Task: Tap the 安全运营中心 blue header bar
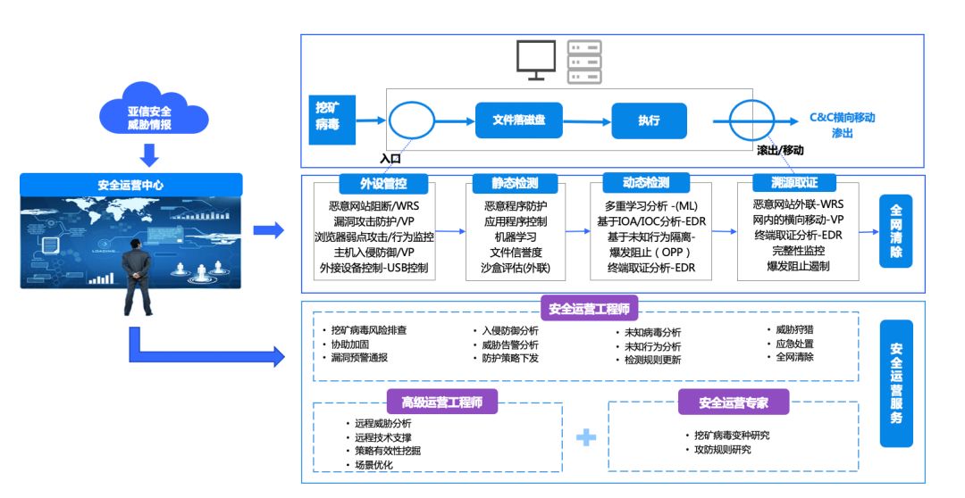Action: pos(130,185)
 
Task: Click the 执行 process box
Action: pos(649,120)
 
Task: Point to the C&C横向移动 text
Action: pos(842,117)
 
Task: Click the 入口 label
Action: pos(390,159)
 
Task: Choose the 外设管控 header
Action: pos(382,183)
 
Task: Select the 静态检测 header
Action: pos(515,183)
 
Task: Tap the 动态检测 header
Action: pos(646,183)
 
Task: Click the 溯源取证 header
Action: pos(787,183)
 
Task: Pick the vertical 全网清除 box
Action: pos(896,230)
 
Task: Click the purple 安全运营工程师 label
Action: pos(589,310)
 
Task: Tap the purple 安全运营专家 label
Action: pos(734,402)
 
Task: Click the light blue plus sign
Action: pos(585,437)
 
